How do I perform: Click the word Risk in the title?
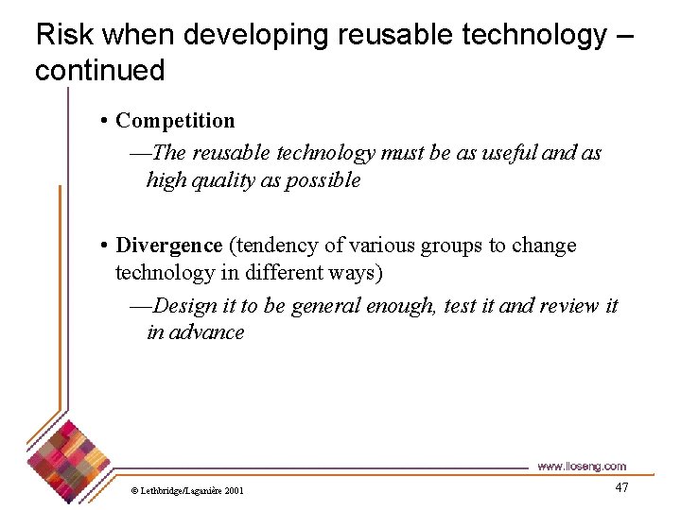(x=63, y=35)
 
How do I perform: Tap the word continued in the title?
(x=99, y=70)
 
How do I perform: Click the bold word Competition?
(x=175, y=121)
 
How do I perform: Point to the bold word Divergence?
(x=168, y=246)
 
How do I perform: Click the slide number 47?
(x=621, y=487)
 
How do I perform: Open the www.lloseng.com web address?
(x=581, y=467)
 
